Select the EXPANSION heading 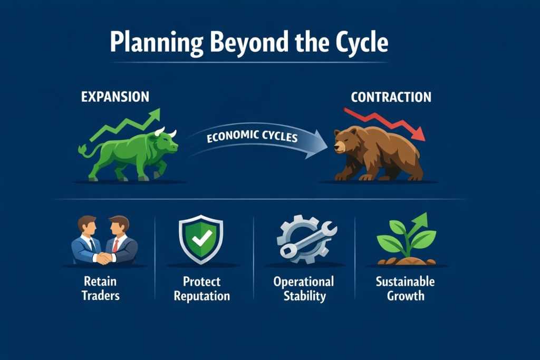pos(115,97)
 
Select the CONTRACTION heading pos(391,97)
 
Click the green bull pos(132,153)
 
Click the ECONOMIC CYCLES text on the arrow pos(252,137)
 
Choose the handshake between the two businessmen pos(104,258)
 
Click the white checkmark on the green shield pos(200,240)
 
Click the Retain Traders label pos(101,288)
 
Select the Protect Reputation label pos(201,288)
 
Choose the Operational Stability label pos(304,288)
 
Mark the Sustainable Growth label pos(405,288)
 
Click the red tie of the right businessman pos(115,245)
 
